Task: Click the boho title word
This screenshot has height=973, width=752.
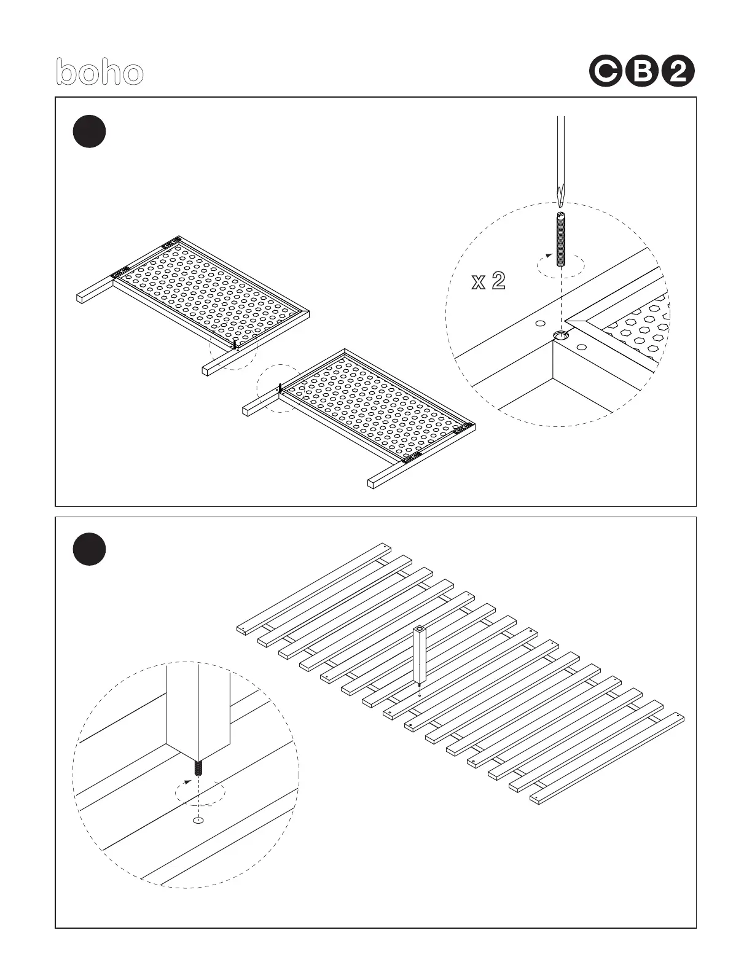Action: [100, 72]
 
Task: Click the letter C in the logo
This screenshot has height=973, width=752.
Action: [606, 72]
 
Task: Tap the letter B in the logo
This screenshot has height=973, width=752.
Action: [641, 72]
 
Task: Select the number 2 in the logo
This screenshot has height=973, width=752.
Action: [678, 72]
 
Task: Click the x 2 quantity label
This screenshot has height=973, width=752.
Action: [488, 281]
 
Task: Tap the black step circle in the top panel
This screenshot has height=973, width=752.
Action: [89, 131]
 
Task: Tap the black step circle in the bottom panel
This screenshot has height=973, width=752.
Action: [89, 550]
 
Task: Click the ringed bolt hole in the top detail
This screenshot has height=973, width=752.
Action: [561, 335]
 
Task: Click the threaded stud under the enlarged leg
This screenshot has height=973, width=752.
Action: [198, 768]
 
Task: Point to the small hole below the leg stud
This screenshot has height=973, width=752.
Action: [198, 820]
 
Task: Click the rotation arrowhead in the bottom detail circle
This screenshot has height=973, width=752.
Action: [187, 783]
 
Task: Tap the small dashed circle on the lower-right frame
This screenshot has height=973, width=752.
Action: [280, 389]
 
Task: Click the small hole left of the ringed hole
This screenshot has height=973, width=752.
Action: [540, 323]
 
